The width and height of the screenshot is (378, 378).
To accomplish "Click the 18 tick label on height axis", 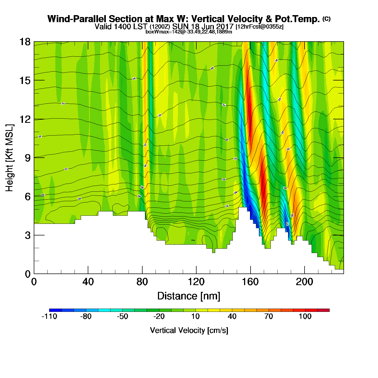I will pyautogui.click(x=25, y=42).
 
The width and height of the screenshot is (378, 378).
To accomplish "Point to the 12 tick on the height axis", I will pyautogui.click(x=25, y=119).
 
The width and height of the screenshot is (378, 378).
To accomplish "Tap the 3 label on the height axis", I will pyautogui.click(x=28, y=235).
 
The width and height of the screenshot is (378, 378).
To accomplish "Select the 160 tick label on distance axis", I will pyautogui.click(x=250, y=282).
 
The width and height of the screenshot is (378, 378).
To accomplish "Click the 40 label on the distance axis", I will pyautogui.click(x=88, y=282).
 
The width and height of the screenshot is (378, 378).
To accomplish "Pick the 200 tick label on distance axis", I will pyautogui.click(x=304, y=282).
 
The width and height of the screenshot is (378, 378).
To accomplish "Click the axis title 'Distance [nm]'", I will pyautogui.click(x=189, y=296).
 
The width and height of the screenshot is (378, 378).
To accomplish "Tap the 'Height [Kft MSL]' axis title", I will pyautogui.click(x=9, y=158).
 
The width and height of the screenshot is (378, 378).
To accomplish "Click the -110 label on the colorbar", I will pyautogui.click(x=49, y=316).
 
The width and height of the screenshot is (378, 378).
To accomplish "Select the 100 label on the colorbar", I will pyautogui.click(x=305, y=316).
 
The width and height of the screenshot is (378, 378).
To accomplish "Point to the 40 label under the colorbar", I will pyautogui.click(x=232, y=316).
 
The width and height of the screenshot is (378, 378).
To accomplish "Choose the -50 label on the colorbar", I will pyautogui.click(x=122, y=316).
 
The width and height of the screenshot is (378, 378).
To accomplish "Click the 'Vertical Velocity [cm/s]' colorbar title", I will pyautogui.click(x=189, y=330).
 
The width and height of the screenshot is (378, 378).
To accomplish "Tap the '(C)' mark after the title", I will pyautogui.click(x=326, y=19).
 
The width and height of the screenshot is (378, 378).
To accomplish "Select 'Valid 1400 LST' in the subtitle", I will pyautogui.click(x=121, y=27).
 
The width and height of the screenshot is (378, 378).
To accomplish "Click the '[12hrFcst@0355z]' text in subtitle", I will pyautogui.click(x=259, y=27).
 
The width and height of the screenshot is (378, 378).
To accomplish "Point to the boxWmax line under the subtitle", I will pyautogui.click(x=189, y=32).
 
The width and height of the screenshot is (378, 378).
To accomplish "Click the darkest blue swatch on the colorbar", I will pyautogui.click(x=55, y=310).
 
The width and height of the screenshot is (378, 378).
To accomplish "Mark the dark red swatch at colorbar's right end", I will pyautogui.click(x=323, y=310).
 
